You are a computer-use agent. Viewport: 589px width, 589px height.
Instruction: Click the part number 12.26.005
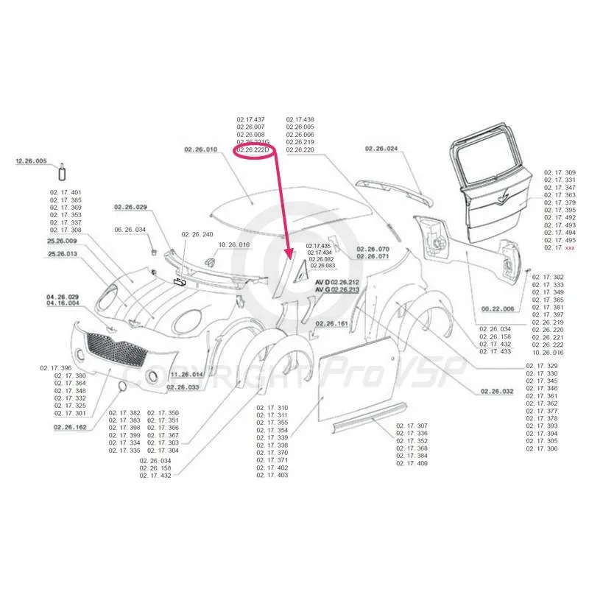[31, 161]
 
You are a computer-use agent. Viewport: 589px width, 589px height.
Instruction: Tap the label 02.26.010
[201, 149]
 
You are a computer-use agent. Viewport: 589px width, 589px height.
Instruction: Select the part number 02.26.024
[381, 149]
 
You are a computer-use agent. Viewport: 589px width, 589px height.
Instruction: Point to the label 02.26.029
[130, 207]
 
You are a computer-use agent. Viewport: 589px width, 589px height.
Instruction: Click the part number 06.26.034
[130, 230]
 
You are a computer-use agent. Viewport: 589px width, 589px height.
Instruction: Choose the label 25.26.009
[62, 241]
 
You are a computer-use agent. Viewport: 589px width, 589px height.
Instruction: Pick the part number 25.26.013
[62, 254]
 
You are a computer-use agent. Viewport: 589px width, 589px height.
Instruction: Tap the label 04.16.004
[63, 303]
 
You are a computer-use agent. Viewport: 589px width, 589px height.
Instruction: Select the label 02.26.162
[70, 426]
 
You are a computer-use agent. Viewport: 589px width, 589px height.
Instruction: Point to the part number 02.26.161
[333, 323]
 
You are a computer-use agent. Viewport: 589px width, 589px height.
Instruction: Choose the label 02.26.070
[373, 249]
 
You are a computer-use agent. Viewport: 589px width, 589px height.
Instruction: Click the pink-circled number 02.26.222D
[253, 150]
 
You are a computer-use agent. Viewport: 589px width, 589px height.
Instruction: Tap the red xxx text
[569, 248]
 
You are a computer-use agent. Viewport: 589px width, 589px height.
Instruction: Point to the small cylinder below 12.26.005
[63, 173]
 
